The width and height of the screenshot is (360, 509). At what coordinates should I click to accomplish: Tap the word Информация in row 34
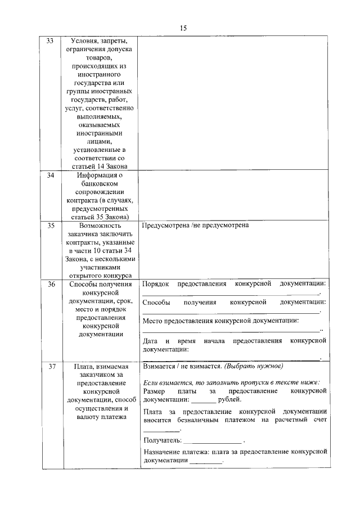[99, 176]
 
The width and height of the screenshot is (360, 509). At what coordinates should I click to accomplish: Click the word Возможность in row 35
[99, 226]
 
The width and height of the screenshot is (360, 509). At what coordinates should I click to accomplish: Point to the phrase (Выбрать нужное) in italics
[253, 366]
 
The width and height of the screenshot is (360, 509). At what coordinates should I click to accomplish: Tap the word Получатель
[162, 439]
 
